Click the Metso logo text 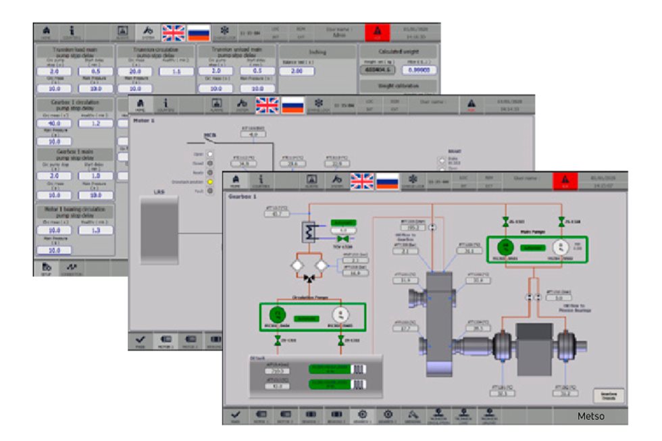click(590, 416)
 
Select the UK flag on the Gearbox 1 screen click(362, 180)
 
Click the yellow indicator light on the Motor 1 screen click(210, 182)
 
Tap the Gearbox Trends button click(608, 395)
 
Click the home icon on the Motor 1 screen click(141, 104)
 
